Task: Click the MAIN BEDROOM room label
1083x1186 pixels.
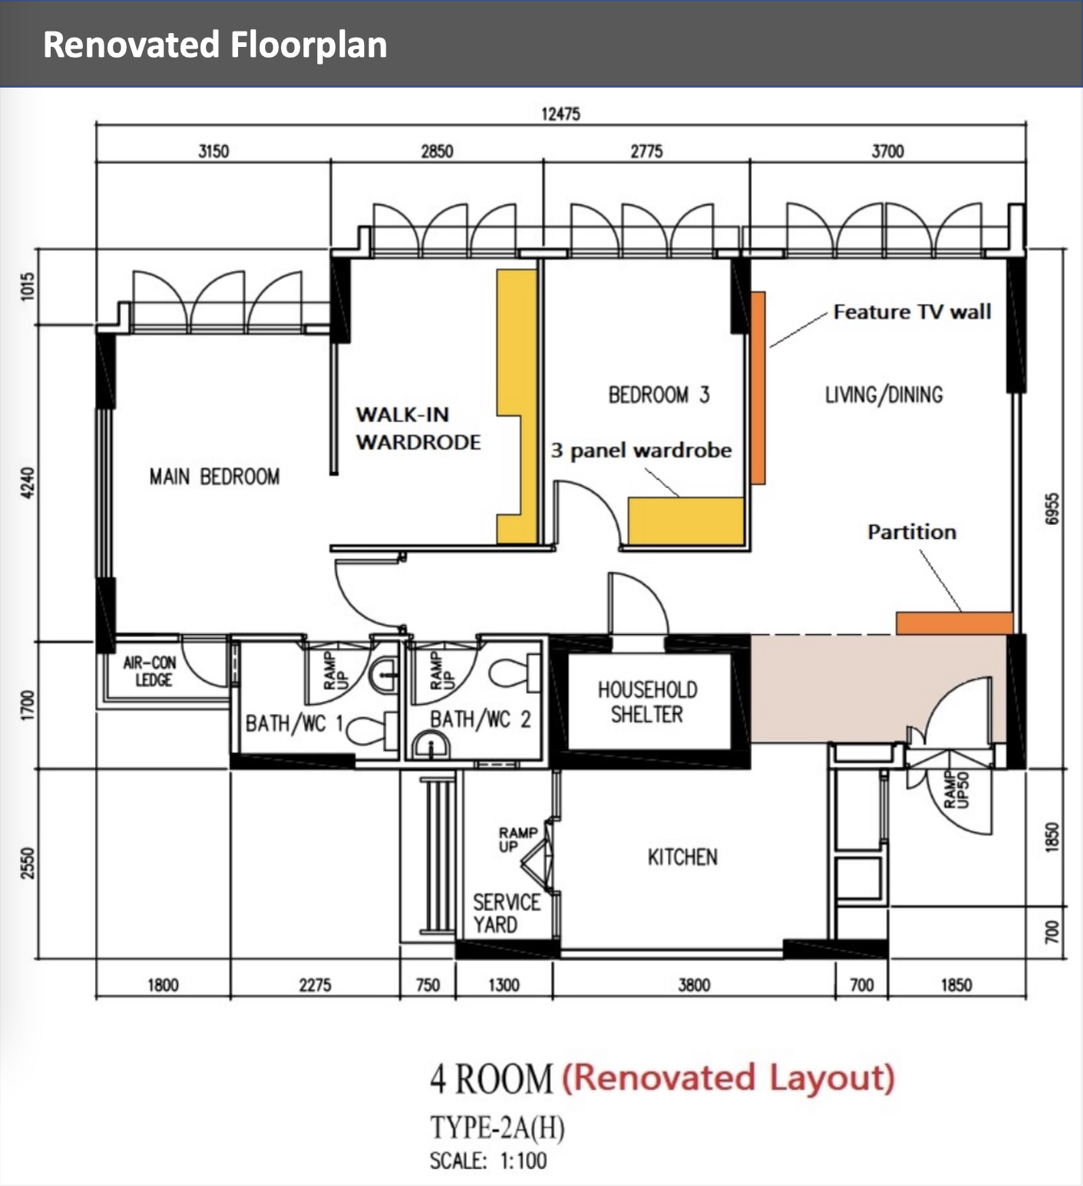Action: point(214,477)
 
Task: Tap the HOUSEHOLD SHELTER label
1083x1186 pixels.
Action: point(647,702)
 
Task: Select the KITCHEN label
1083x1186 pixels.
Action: point(682,857)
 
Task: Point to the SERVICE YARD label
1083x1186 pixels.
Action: point(506,913)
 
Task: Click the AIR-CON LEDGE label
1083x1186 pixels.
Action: point(151,671)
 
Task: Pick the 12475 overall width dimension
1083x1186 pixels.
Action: point(561,114)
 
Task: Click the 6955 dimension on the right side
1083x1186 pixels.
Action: point(1052,509)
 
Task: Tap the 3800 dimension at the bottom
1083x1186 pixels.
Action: point(694,985)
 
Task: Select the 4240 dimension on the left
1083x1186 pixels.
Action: point(28,483)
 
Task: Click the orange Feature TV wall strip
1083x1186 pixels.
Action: point(757,388)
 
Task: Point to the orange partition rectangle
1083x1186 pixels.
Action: point(954,623)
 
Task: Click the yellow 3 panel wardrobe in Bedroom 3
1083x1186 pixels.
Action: point(687,521)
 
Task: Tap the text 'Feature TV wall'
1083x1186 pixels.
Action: point(912,311)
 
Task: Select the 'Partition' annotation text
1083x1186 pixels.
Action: point(912,532)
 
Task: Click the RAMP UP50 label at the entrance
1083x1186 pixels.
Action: point(957,790)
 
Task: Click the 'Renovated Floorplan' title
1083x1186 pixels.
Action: point(215,45)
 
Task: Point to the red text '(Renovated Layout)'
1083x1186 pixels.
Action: point(729,1078)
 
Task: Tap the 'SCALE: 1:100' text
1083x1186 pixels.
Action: point(489,1161)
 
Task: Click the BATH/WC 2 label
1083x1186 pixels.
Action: point(480,719)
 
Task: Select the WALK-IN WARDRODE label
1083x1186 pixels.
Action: point(418,428)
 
